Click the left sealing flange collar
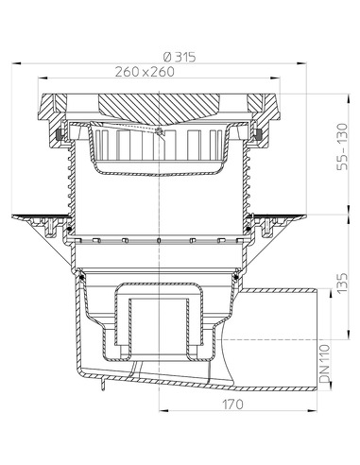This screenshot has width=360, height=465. click(x=43, y=223)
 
